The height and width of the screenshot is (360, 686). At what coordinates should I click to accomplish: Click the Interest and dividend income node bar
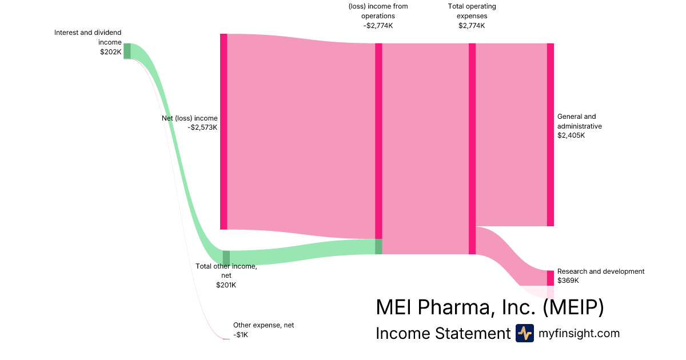click(127, 51)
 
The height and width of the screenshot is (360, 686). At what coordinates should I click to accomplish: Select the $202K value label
click(111, 52)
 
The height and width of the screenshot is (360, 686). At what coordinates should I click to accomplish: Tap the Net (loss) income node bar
click(224, 131)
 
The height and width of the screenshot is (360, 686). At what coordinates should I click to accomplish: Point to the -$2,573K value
click(202, 127)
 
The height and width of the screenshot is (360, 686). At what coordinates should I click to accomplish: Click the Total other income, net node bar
click(226, 258)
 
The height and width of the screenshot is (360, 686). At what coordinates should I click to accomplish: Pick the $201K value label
click(226, 285)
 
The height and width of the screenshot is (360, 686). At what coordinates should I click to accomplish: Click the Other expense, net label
click(264, 325)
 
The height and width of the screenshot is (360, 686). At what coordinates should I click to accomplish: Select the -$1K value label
click(241, 334)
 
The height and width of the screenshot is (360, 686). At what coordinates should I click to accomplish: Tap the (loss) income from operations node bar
click(378, 149)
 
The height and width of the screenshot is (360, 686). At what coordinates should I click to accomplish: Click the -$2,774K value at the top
click(378, 26)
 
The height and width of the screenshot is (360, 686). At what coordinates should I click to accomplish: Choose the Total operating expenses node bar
click(472, 149)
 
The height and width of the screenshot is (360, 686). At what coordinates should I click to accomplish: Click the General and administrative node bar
click(551, 134)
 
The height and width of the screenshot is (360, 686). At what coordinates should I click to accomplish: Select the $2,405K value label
click(571, 135)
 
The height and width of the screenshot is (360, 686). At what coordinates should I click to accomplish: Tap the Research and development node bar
click(551, 278)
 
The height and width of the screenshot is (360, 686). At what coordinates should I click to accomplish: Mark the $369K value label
click(568, 281)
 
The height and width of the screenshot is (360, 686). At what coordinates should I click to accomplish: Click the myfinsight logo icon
click(524, 333)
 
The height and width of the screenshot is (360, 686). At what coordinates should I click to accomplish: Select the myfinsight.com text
click(579, 333)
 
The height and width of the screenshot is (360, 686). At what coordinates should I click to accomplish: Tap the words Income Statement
click(443, 333)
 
